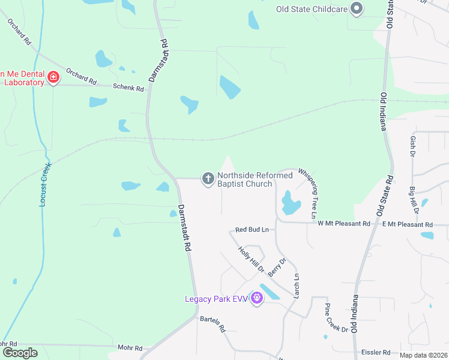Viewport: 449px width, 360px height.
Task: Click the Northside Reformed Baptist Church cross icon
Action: point(208,179)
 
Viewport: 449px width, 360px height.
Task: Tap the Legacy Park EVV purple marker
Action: point(257,298)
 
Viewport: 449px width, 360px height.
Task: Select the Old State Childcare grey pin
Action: point(357,9)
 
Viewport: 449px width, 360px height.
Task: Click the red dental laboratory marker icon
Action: point(53,77)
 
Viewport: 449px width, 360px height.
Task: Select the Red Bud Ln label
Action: point(252,229)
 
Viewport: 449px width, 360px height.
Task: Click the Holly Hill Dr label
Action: point(251,259)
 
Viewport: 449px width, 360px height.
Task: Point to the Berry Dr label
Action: point(277,266)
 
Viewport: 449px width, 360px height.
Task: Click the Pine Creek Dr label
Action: point(336,318)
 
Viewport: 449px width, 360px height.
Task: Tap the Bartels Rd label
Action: point(212,324)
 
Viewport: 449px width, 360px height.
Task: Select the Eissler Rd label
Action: point(376,352)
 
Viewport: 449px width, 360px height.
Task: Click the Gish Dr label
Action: point(413,146)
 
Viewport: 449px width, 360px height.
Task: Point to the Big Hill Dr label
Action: point(414,201)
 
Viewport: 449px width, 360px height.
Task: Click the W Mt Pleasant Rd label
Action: point(344,224)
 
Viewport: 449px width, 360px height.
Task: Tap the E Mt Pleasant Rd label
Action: point(408,224)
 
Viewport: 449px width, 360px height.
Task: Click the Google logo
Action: point(20,353)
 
